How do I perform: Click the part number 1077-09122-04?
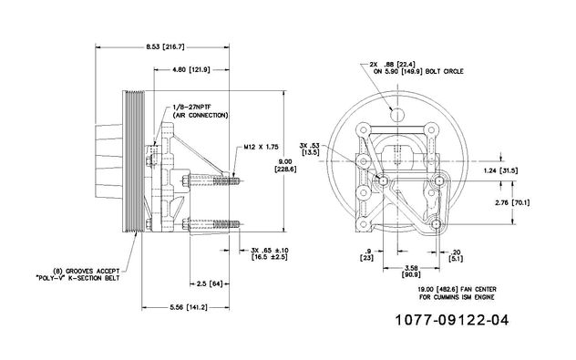click(452, 320)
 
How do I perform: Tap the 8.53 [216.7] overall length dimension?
click(165, 46)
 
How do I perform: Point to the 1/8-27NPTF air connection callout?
click(201, 111)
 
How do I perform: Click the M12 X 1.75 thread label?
click(262, 147)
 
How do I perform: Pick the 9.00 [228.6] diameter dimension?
click(285, 165)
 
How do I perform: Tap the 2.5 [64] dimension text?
click(210, 284)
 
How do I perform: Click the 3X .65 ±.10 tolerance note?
click(270, 253)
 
